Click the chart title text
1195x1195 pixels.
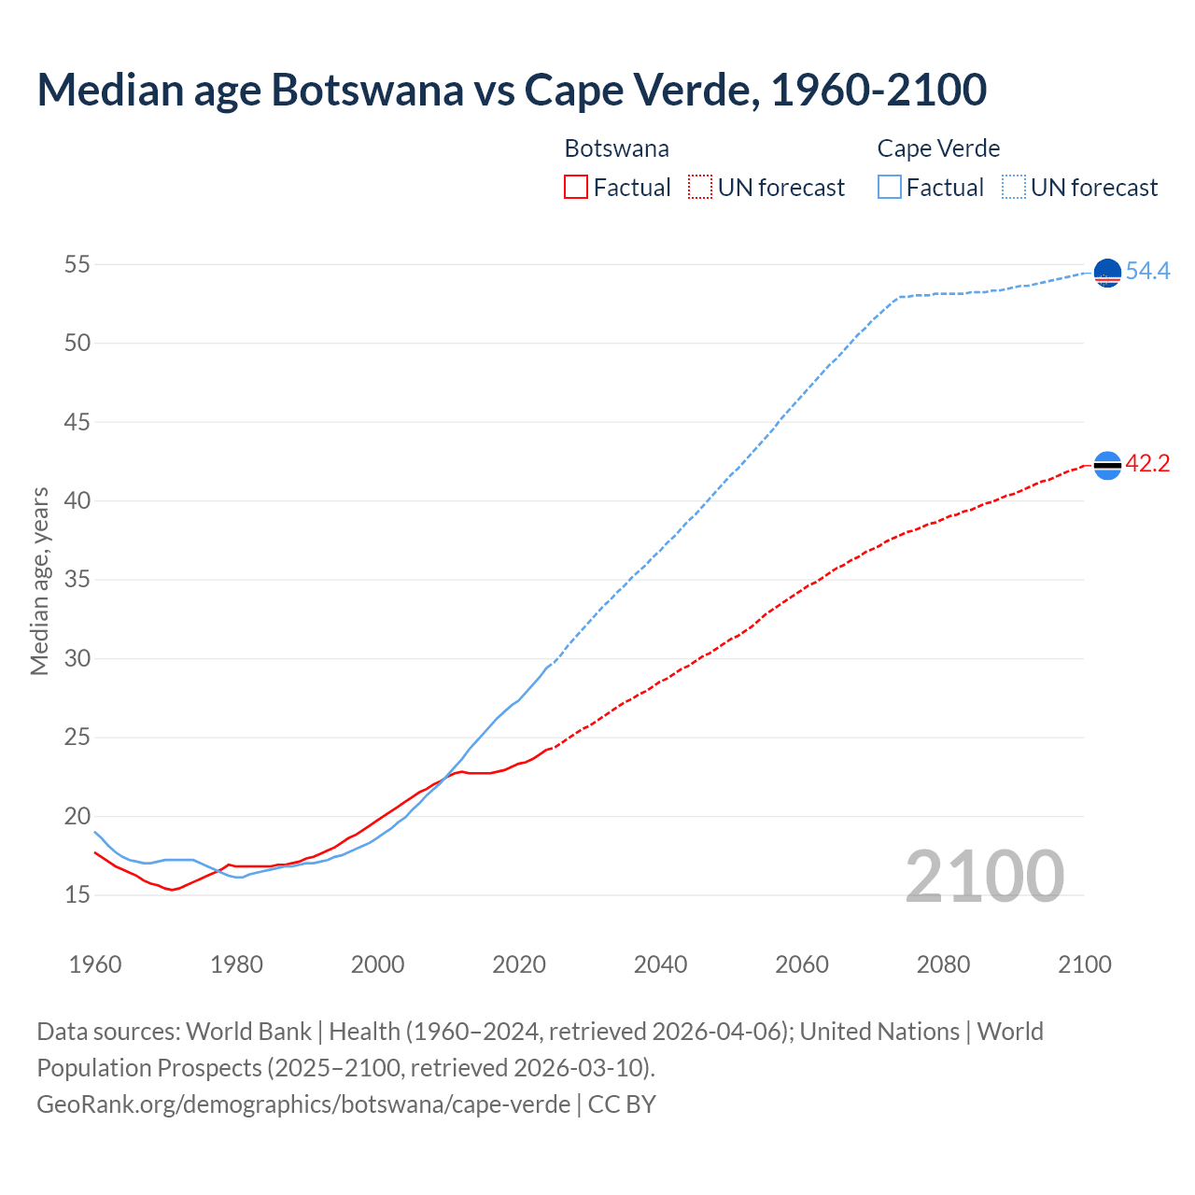point(512,90)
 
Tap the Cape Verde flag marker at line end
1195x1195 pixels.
point(1106,273)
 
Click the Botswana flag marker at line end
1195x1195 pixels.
point(1106,465)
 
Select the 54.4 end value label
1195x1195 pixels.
point(1147,272)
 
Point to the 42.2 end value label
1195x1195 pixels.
point(1147,464)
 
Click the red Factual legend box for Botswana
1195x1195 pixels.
point(576,188)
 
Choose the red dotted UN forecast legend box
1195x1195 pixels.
point(700,188)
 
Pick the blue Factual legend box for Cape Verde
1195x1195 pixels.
point(890,188)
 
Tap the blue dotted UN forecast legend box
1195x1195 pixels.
point(1014,188)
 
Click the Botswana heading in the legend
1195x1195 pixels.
point(616,148)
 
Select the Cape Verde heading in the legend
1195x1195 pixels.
point(938,148)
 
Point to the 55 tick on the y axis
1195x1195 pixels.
point(77,264)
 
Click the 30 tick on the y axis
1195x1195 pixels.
point(77,659)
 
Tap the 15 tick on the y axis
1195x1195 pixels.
point(77,895)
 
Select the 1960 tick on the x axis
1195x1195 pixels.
point(95,964)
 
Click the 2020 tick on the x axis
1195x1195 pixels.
point(519,964)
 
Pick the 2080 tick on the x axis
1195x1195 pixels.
point(943,964)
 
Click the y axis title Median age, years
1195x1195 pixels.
point(39,581)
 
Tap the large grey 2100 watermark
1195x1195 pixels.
point(984,876)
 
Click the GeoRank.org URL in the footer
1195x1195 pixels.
point(303,1104)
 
